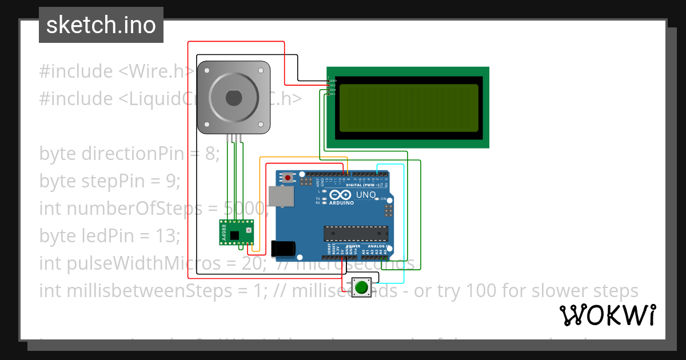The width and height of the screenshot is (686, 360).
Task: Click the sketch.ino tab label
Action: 101,25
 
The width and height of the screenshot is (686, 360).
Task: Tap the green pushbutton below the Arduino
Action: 360,287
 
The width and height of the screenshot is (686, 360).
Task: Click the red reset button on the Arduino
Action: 288,178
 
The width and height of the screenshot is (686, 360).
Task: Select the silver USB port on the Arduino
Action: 281,196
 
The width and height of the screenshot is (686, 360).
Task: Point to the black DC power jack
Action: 284,248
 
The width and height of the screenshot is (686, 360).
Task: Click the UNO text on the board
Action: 366,195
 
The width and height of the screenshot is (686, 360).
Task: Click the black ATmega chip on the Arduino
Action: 356,233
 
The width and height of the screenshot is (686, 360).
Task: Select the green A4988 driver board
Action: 237,233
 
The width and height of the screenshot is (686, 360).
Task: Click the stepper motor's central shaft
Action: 233,98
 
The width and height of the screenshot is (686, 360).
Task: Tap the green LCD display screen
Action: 409,108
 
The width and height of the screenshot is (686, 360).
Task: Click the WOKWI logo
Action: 607,315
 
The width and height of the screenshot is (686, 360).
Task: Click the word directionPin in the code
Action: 133,154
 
